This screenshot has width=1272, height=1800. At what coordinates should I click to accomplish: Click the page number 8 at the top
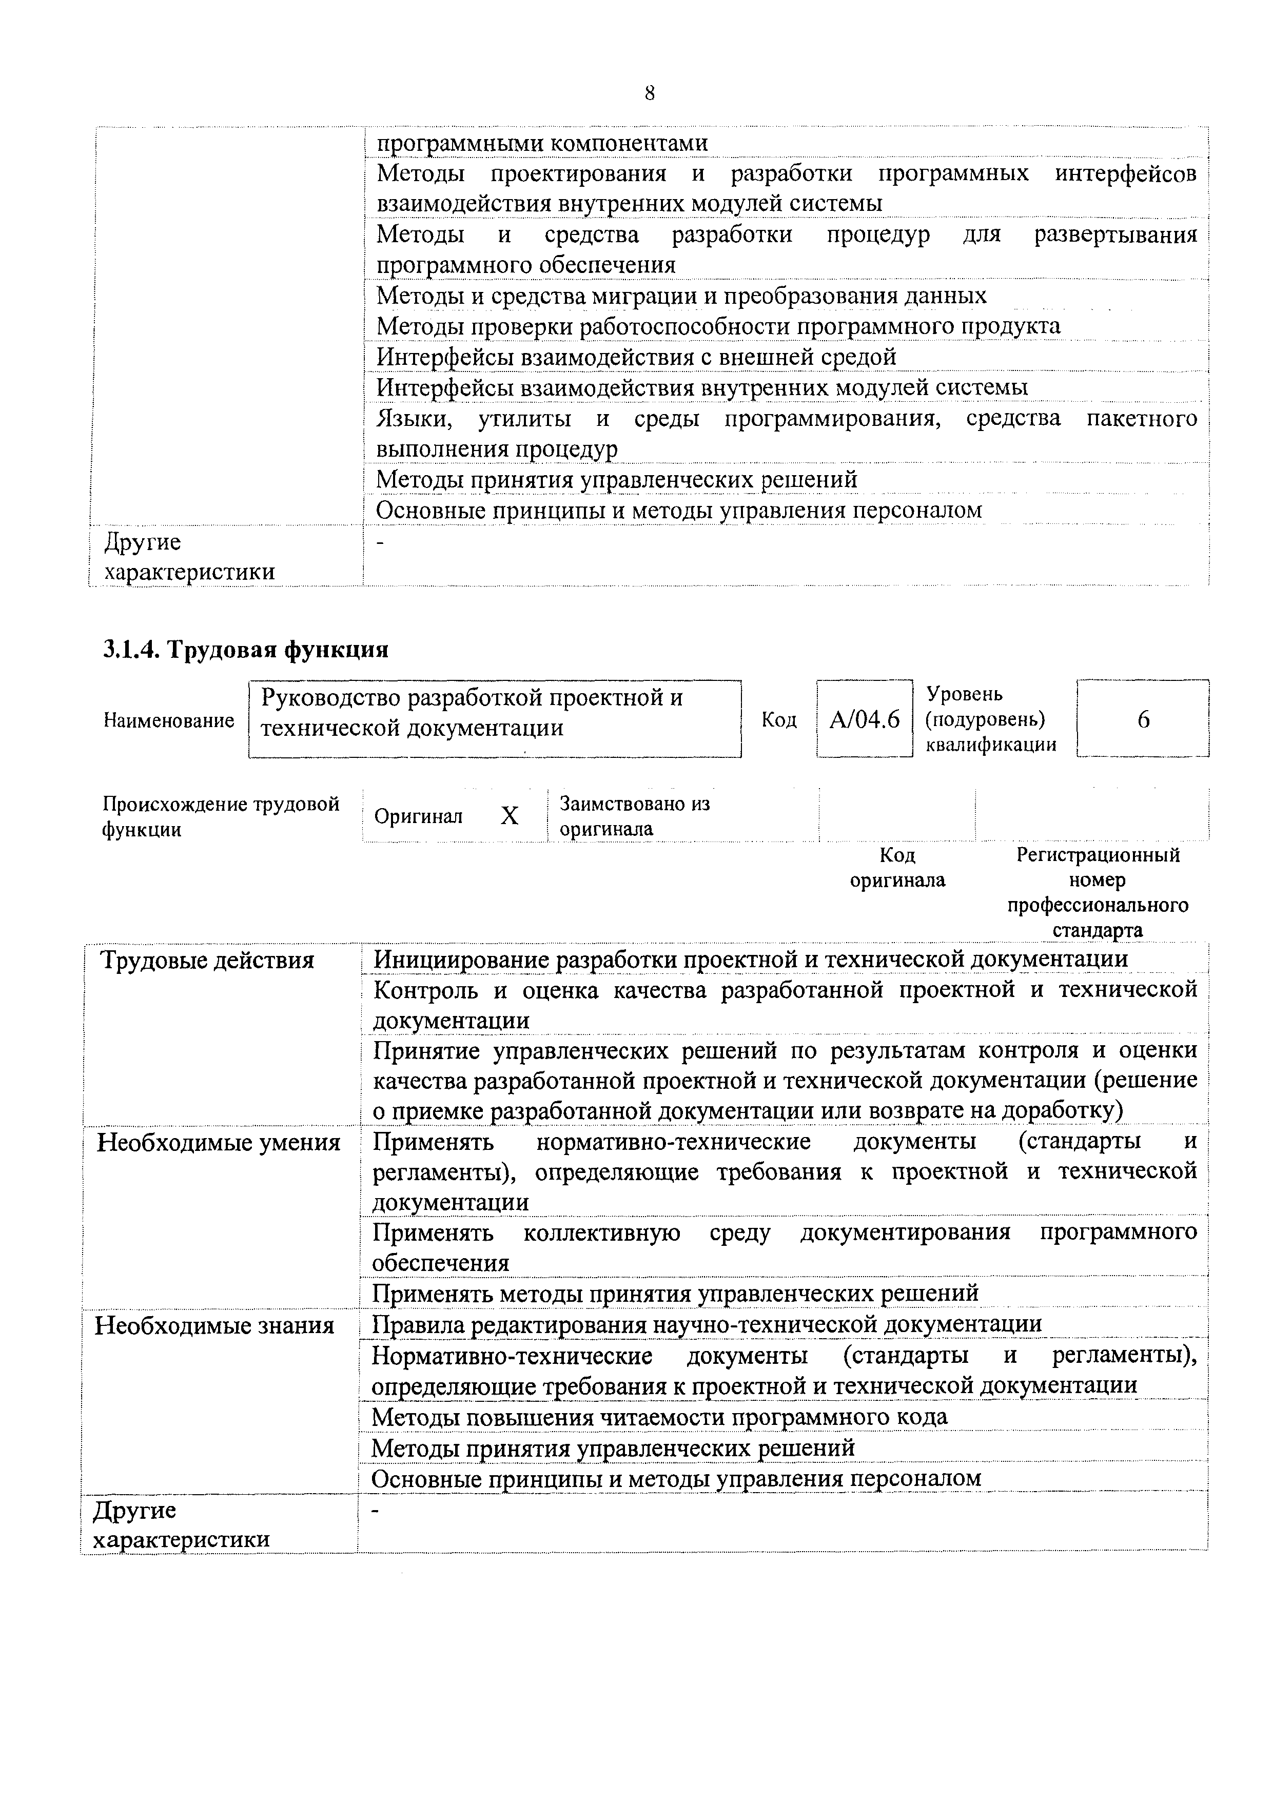[650, 93]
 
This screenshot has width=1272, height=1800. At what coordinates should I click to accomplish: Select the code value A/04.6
[865, 719]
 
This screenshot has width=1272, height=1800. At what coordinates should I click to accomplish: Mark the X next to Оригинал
[510, 816]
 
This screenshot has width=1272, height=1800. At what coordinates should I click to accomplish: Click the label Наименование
[168, 720]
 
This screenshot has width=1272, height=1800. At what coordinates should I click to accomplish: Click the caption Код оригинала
[897, 867]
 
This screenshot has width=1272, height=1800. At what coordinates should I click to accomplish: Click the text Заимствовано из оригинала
[634, 816]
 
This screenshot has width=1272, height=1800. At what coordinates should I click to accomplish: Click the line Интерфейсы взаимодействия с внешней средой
[636, 357]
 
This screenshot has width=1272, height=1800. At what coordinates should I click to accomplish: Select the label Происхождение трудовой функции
[221, 816]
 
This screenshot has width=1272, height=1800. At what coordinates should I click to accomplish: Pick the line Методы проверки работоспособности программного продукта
[718, 326]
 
